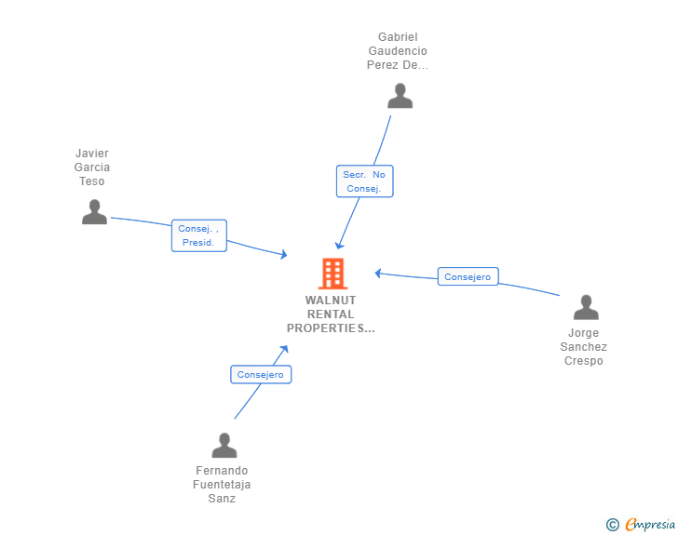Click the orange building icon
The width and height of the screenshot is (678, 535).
333,274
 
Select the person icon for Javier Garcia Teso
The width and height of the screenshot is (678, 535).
94,212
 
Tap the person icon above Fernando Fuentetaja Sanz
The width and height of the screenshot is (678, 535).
224,445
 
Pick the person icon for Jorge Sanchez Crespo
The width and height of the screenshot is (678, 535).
586,307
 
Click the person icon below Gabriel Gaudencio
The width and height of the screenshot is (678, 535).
400,96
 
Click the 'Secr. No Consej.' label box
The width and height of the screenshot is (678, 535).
364,181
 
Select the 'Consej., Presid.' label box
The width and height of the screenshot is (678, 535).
199,235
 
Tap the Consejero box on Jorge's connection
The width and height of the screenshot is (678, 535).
468,276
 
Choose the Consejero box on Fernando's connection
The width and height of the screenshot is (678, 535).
261,374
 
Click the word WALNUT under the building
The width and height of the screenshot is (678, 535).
331,300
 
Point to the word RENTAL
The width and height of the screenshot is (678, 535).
331,314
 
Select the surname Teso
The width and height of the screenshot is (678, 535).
91,181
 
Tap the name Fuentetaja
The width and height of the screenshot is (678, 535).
222,485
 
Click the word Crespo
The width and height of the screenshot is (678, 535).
584,361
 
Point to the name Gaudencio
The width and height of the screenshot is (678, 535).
398,51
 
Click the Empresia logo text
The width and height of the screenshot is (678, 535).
650,524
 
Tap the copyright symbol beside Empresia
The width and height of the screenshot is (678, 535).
613,525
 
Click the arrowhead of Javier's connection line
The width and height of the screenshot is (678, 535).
284,255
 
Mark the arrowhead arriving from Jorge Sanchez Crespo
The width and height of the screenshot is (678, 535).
378,274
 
